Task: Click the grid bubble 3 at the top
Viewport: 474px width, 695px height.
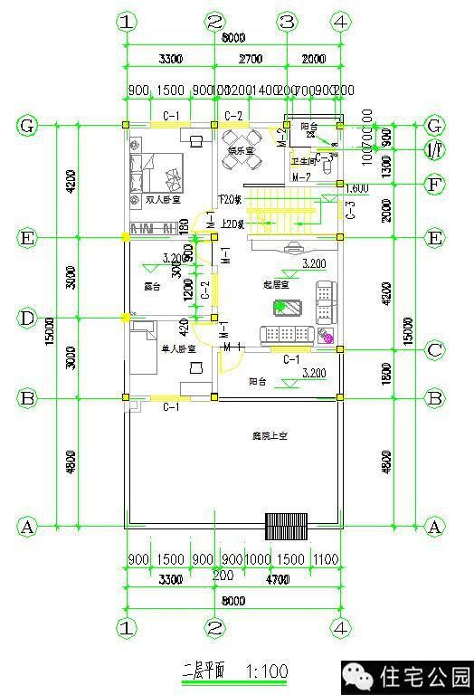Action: [x=287, y=21]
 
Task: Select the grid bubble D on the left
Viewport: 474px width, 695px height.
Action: [x=27, y=319]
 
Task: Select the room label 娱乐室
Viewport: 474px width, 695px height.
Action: [x=240, y=150]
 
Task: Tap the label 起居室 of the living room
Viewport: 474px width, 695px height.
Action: [x=276, y=284]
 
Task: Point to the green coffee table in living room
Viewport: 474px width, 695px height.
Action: [x=282, y=308]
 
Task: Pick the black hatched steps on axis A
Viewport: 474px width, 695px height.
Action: [x=286, y=526]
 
